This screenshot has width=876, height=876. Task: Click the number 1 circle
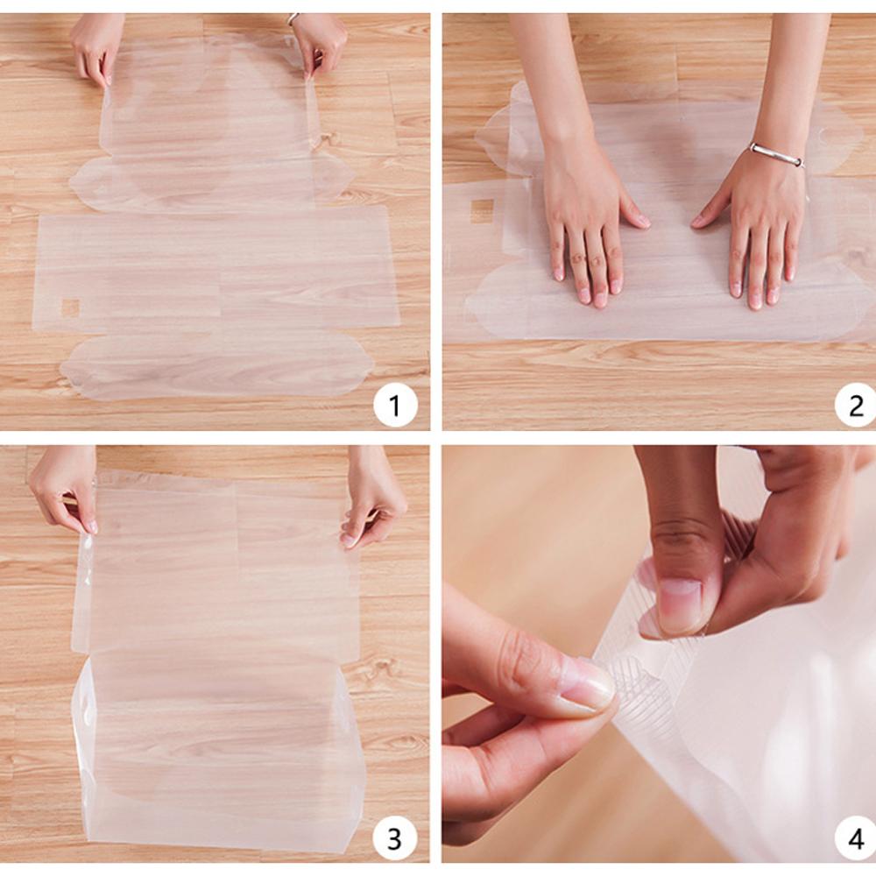394,406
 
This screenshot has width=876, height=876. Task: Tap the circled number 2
855,405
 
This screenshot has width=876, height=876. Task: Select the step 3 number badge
394,838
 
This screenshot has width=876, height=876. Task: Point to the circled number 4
855,838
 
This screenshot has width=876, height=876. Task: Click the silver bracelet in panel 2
775,155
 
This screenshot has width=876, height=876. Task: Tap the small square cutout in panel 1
70,307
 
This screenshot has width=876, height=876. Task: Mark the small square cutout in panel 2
482,211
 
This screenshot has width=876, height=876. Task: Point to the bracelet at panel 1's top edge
293,18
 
